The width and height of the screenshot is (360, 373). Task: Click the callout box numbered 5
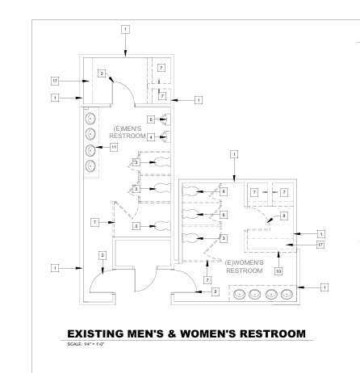coord(151,119)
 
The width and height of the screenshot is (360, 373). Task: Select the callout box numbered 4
coord(151,137)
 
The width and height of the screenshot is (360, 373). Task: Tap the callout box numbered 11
coord(114,147)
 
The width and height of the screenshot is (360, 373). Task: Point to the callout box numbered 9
coord(284,216)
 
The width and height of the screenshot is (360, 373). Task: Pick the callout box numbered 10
coord(278,271)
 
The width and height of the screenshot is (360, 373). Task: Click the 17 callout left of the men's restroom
coord(55,81)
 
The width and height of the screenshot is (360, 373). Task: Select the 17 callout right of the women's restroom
coord(320,245)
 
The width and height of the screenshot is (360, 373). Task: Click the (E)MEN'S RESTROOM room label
coord(128,132)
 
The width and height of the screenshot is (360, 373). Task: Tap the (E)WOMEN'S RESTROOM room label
coord(245,266)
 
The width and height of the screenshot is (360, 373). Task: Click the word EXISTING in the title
coord(96,333)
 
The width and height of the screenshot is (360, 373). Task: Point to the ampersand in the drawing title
coord(172,333)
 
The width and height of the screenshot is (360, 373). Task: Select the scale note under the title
coord(86,344)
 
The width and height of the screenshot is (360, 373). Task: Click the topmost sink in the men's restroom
coord(90,119)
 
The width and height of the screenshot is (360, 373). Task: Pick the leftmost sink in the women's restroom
coord(239,294)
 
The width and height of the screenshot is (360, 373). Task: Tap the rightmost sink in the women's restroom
coord(287,294)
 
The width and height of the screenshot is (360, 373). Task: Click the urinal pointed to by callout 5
coord(166,119)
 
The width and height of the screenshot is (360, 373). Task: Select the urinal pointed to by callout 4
coord(166,136)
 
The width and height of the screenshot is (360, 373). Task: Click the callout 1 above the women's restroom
coord(234,154)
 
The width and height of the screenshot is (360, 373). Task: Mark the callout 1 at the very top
coord(125,29)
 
